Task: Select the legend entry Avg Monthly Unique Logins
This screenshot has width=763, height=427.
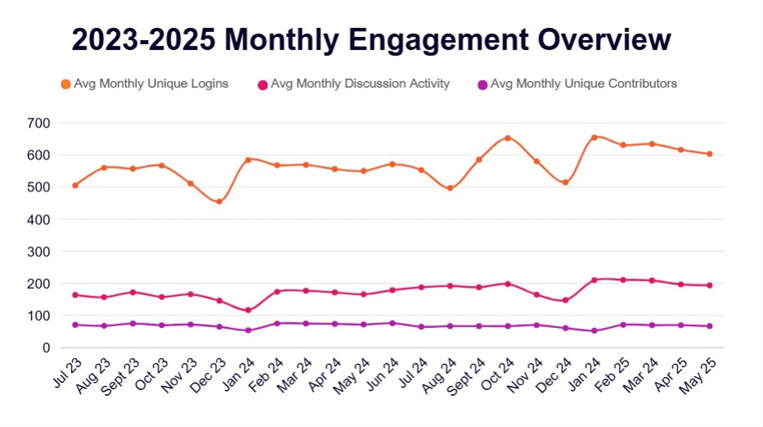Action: point(150,83)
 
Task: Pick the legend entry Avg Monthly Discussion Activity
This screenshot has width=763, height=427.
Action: point(360,83)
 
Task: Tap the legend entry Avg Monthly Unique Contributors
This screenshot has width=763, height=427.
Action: point(583,83)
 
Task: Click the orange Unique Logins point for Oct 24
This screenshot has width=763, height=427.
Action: point(508,138)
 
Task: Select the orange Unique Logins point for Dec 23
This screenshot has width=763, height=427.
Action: point(219,201)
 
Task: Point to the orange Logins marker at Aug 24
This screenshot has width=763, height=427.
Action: point(450,188)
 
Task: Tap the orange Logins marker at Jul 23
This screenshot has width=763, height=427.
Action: point(75,186)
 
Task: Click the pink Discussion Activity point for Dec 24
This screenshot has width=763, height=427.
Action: point(565,300)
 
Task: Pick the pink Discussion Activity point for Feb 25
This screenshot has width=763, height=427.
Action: point(623,280)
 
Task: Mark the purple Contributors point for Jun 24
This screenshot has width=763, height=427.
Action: point(393,323)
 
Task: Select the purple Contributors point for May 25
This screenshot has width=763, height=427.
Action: point(710,326)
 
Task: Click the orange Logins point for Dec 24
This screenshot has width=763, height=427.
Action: point(565,182)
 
